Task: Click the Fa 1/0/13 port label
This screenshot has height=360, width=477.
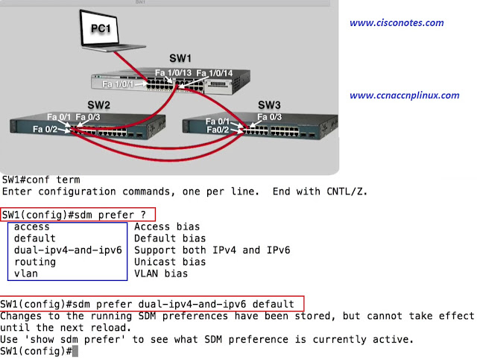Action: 173,72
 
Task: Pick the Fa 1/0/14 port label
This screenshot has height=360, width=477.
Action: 215,72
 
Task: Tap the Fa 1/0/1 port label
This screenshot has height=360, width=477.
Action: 118,85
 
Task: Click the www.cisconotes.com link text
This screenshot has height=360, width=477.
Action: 397,22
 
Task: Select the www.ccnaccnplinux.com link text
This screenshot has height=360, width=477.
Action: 405,95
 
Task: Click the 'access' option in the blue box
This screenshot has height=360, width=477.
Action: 32,227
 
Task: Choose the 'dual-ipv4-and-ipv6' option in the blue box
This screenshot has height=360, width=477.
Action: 68,250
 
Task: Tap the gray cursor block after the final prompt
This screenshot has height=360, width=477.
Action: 75,351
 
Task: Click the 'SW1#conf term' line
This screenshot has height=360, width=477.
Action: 40,180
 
